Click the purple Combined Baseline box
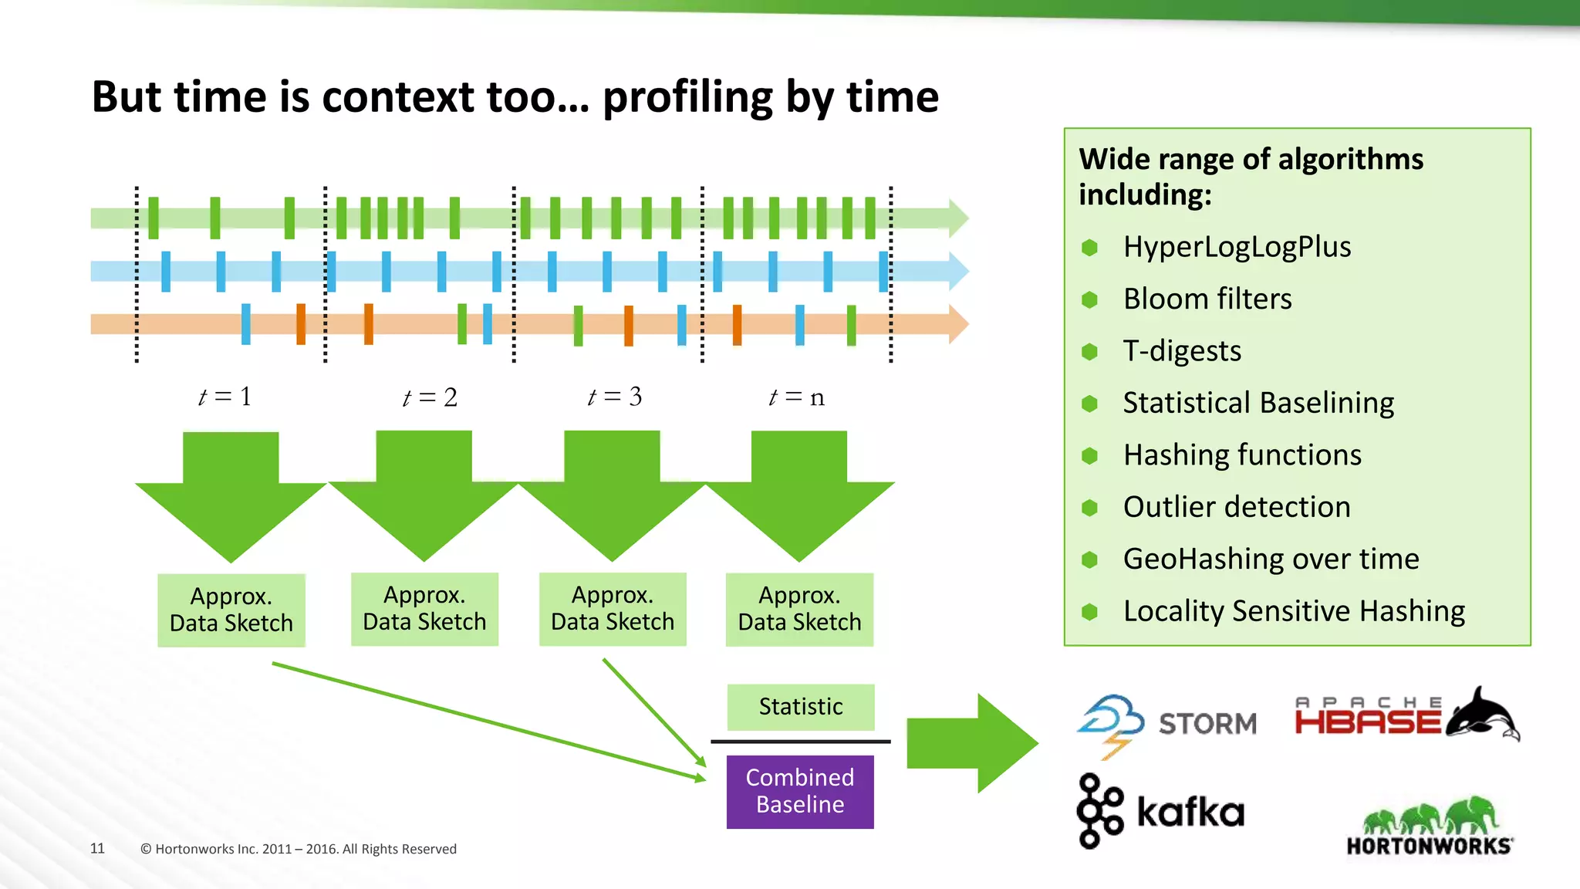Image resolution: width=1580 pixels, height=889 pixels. [800, 791]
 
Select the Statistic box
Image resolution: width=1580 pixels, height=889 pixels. [800, 706]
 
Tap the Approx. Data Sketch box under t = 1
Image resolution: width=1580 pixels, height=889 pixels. [231, 610]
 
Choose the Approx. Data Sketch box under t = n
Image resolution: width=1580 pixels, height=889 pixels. [799, 609]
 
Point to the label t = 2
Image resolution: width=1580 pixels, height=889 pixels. [430, 397]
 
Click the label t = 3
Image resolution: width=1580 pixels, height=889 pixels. [614, 397]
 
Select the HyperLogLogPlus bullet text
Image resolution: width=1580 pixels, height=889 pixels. [1237, 247]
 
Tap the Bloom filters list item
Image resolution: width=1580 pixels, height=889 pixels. [1207, 299]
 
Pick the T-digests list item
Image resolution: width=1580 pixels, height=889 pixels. [1182, 351]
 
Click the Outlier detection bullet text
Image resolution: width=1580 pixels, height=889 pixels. [1237, 507]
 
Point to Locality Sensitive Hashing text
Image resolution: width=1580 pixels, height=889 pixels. [1294, 611]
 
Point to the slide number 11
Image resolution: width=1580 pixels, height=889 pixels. [97, 848]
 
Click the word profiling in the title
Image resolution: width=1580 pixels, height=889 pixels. [687, 98]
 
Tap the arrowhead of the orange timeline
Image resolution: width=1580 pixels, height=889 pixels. [957, 324]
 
